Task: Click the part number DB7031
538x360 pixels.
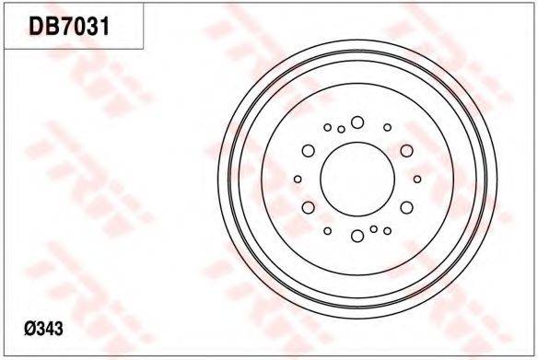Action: tap(70, 27)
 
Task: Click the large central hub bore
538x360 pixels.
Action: tap(357, 179)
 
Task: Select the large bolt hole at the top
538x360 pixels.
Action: tap(357, 122)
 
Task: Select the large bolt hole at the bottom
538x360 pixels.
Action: tap(357, 236)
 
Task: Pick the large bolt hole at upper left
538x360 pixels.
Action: tap(309, 150)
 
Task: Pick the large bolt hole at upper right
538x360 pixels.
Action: tap(406, 150)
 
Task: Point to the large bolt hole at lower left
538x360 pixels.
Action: tap(309, 207)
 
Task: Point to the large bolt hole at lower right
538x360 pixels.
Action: tap(406, 207)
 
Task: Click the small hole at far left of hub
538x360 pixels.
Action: tap(297, 179)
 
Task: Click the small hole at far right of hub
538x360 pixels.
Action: tap(417, 179)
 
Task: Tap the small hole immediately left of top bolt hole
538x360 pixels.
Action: tap(341, 129)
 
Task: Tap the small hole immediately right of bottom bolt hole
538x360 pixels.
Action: tap(373, 228)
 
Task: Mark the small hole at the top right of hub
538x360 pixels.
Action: tap(387, 127)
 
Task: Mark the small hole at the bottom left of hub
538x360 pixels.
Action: tap(327, 230)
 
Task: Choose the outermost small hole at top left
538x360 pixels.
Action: tap(327, 127)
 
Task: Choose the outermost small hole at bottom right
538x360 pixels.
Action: tap(387, 230)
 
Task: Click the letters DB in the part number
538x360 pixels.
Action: tap(43, 27)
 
